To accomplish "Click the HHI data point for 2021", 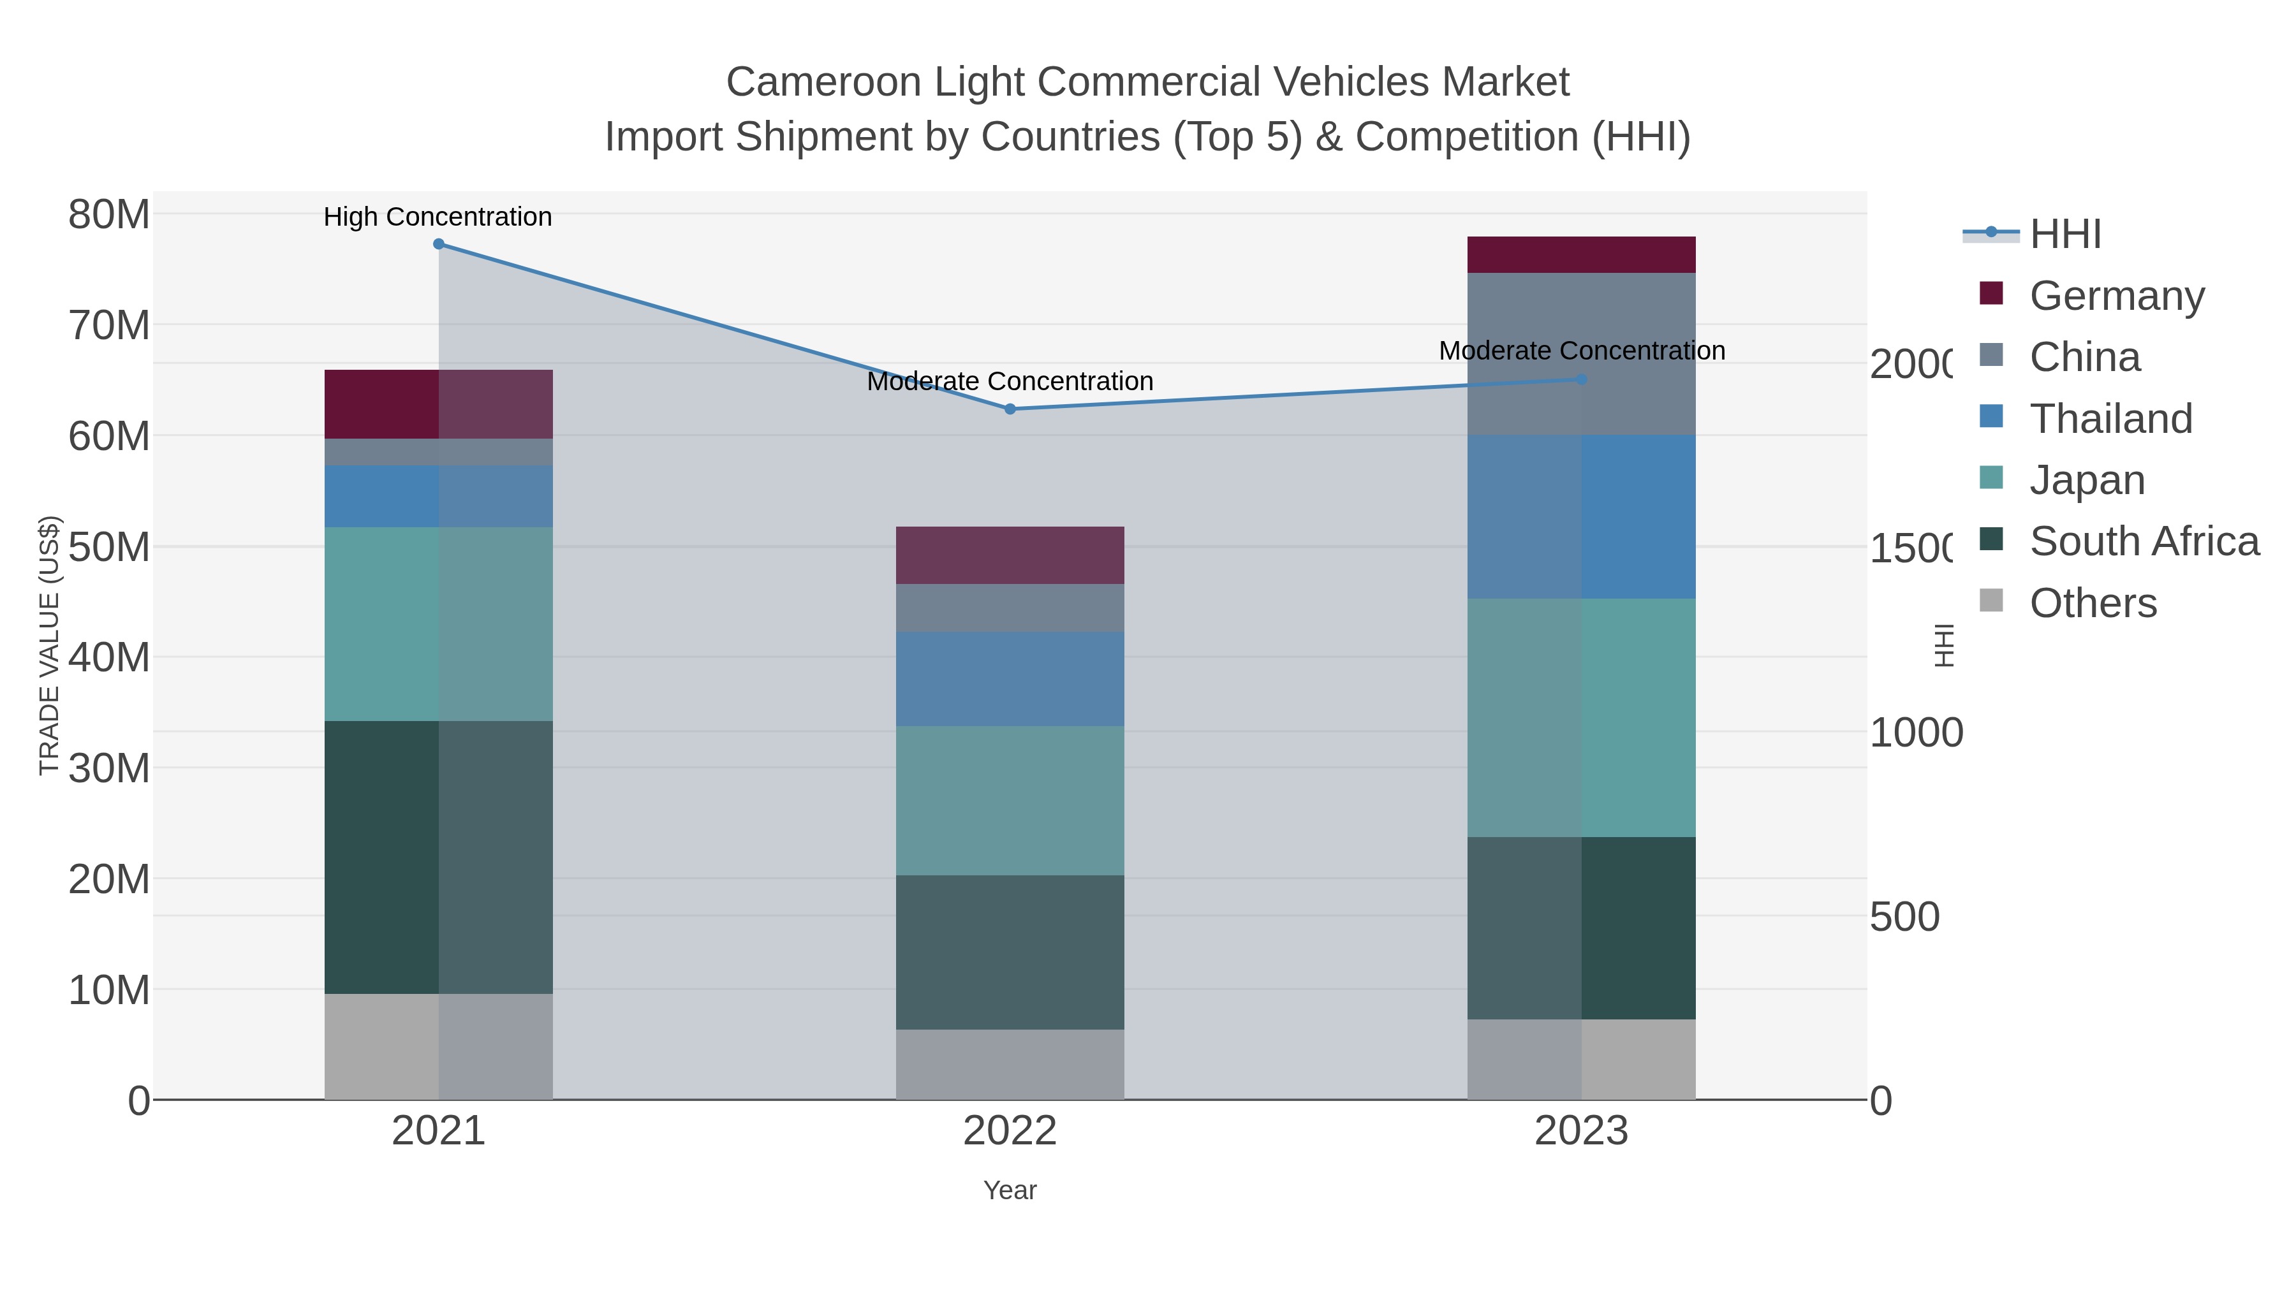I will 439,244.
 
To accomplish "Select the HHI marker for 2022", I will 1010,409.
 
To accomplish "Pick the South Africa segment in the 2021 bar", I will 439,857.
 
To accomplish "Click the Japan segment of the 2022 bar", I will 1010,800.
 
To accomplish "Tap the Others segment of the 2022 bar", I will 1010,1065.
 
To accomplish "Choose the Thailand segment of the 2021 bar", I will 439,496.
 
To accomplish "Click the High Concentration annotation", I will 438,217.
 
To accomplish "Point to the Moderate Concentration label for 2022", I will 1010,381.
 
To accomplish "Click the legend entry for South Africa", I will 2144,542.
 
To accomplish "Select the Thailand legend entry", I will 2110,419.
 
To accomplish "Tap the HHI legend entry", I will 2064,235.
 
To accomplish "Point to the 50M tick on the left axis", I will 108,547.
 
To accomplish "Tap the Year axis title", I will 1010,1190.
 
